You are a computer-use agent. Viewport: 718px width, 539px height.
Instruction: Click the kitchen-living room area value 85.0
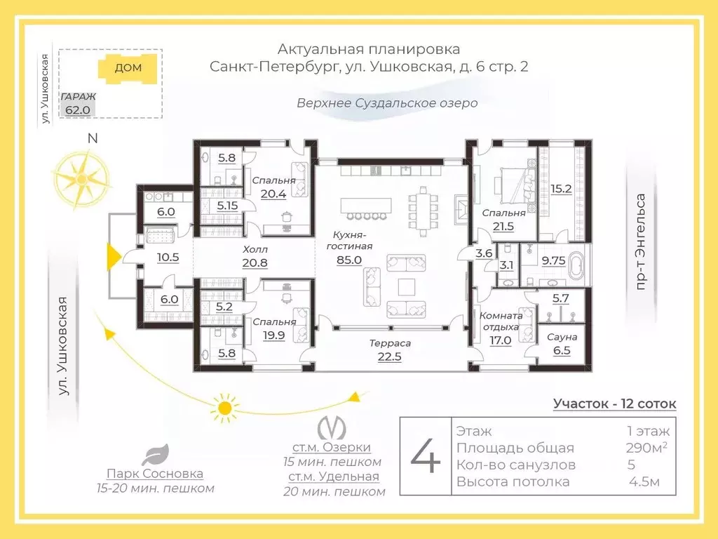click(x=348, y=260)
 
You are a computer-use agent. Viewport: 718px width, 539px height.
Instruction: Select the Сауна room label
click(x=562, y=338)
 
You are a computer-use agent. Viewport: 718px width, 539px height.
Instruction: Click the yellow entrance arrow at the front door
click(x=111, y=258)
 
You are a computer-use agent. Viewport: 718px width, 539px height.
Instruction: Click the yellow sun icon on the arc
click(x=224, y=407)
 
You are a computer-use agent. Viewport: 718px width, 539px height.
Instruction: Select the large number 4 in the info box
click(x=426, y=457)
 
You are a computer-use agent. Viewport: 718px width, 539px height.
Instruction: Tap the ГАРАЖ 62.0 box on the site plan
click(x=76, y=103)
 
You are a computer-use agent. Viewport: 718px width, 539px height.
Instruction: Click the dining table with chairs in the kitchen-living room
click(x=421, y=210)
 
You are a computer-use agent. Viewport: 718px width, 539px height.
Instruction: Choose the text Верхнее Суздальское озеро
click(x=386, y=103)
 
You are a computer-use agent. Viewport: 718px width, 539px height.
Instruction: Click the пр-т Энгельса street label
click(x=639, y=241)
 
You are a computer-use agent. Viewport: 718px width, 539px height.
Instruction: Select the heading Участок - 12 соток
click(x=614, y=404)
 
